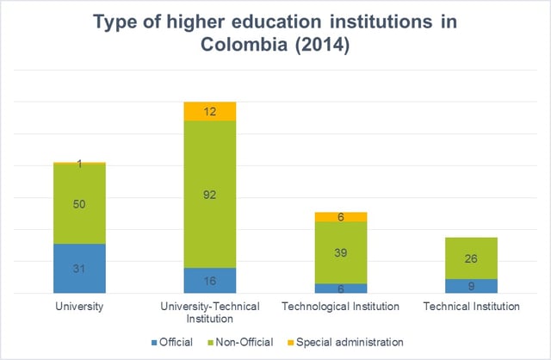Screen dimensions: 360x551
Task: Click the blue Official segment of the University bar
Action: [x=79, y=268]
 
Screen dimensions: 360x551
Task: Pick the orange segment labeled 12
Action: [x=210, y=111]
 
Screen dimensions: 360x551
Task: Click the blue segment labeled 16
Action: [x=210, y=281]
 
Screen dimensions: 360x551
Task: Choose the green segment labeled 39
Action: [x=341, y=252]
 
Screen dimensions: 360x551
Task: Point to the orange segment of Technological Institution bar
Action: [x=341, y=216]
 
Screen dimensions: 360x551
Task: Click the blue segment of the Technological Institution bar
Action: [x=341, y=289]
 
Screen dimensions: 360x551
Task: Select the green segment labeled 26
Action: [x=472, y=258]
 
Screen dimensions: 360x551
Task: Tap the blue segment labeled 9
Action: [x=472, y=286]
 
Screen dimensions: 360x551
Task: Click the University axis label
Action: [x=79, y=306]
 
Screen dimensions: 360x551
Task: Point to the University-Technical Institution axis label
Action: [x=210, y=312]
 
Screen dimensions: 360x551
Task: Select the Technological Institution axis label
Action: [x=341, y=306]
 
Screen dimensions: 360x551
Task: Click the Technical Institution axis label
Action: [x=472, y=306]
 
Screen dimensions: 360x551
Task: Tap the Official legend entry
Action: [x=173, y=342]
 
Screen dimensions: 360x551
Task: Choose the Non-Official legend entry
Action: [x=242, y=342]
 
